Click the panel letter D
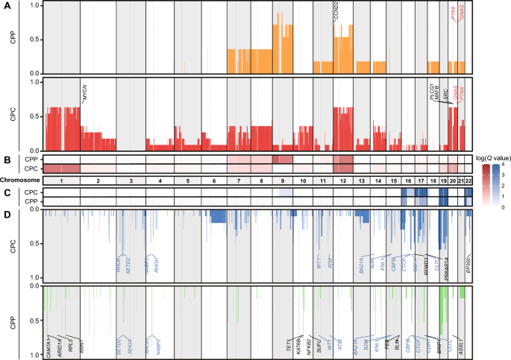click(5, 215)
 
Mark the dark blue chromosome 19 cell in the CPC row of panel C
click(443, 192)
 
